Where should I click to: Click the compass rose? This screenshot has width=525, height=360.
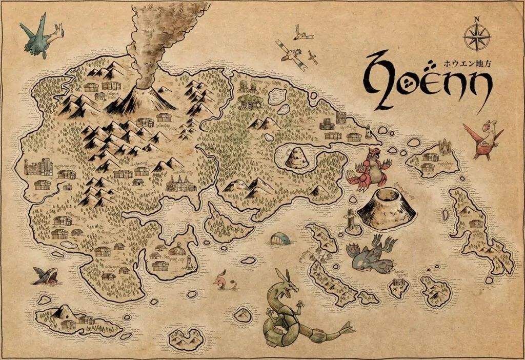click(x=477, y=38)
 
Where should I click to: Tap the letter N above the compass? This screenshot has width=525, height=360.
click(x=477, y=19)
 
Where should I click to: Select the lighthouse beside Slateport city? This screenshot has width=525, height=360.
click(x=189, y=262)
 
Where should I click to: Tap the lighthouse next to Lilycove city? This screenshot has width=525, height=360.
click(x=368, y=131)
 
